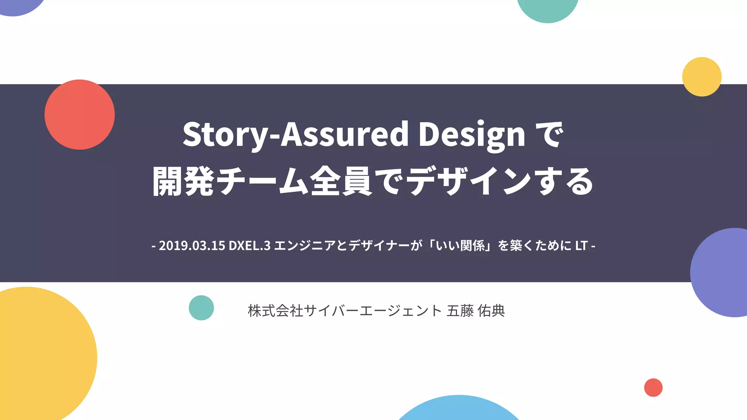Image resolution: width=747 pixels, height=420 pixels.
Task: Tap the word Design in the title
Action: click(x=472, y=134)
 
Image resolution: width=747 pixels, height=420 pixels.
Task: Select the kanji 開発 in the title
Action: click(x=183, y=182)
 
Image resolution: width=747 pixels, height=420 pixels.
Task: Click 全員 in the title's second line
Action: click(x=341, y=182)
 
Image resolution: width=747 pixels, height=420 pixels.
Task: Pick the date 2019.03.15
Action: click(x=192, y=246)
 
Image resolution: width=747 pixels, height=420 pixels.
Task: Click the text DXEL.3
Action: click(x=249, y=246)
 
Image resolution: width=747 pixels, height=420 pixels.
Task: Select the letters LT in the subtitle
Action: click(x=581, y=246)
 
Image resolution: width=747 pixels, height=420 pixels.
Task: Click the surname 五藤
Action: click(x=460, y=311)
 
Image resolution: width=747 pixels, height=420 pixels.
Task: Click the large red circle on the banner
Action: click(x=80, y=114)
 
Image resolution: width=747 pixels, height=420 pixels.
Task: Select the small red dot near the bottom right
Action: click(x=653, y=388)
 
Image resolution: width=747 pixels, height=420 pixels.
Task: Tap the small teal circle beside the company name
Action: click(x=201, y=308)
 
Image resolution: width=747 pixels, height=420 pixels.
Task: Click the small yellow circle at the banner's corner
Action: click(x=702, y=77)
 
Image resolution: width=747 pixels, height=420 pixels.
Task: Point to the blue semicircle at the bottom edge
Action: click(x=459, y=410)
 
